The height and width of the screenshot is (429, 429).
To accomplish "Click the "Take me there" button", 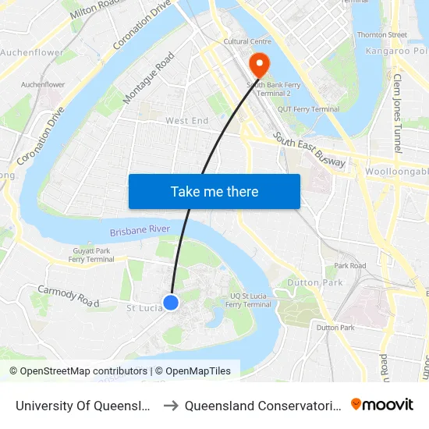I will tap(214, 191).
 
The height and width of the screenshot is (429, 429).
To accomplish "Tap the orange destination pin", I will tap(257, 65).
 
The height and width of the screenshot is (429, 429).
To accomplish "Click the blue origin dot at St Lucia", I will tap(171, 302).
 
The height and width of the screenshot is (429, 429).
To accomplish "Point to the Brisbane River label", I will tap(140, 231).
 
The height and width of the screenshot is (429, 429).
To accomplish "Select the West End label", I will tap(186, 121).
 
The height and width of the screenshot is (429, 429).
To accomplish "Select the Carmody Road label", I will tap(69, 296).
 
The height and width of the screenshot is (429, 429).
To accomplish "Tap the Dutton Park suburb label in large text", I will tap(314, 282).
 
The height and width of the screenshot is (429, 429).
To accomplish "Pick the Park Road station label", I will tap(350, 266).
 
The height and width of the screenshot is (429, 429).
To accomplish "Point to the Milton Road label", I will tap(97, 9).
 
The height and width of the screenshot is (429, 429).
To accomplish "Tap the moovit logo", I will tap(382, 404).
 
